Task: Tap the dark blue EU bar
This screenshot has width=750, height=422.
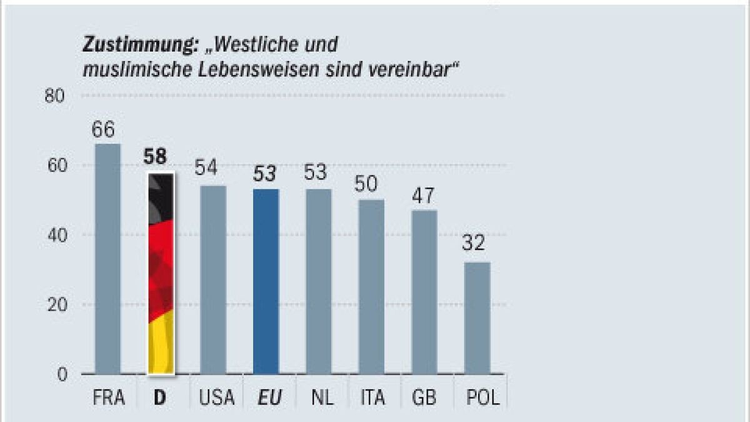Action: tap(266, 281)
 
